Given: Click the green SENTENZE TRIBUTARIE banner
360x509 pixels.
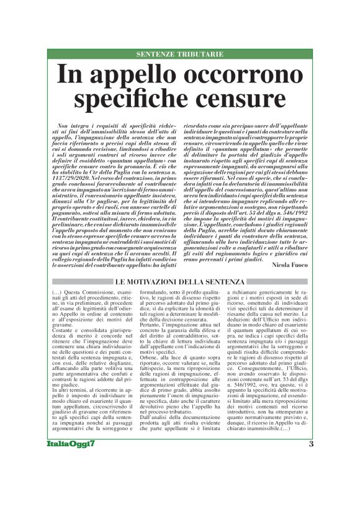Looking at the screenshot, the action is point(180,55).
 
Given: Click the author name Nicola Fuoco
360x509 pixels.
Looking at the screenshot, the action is point(289,264).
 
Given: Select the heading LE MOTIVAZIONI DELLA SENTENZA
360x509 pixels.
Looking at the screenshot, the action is point(180,282).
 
